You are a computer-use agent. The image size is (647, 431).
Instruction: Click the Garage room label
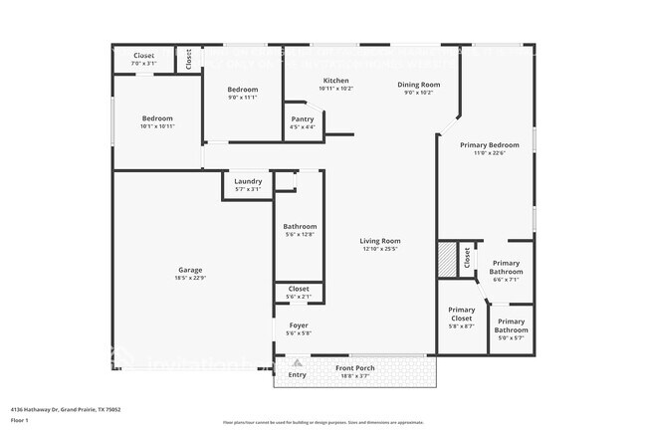190,270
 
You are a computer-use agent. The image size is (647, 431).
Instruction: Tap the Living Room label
380,240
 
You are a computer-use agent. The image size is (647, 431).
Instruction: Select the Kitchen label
335,81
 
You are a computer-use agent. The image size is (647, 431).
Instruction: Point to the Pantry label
303,118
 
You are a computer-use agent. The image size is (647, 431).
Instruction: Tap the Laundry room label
248,181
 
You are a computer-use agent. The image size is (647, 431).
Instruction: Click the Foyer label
299,325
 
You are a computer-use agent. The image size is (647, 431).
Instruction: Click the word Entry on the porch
298,375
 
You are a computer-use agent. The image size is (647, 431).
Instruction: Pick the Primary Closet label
461,314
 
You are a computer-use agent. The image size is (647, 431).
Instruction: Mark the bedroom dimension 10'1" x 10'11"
156,126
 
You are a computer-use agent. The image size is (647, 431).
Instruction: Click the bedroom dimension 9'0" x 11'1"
244,98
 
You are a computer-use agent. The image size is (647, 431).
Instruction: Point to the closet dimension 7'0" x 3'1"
144,63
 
